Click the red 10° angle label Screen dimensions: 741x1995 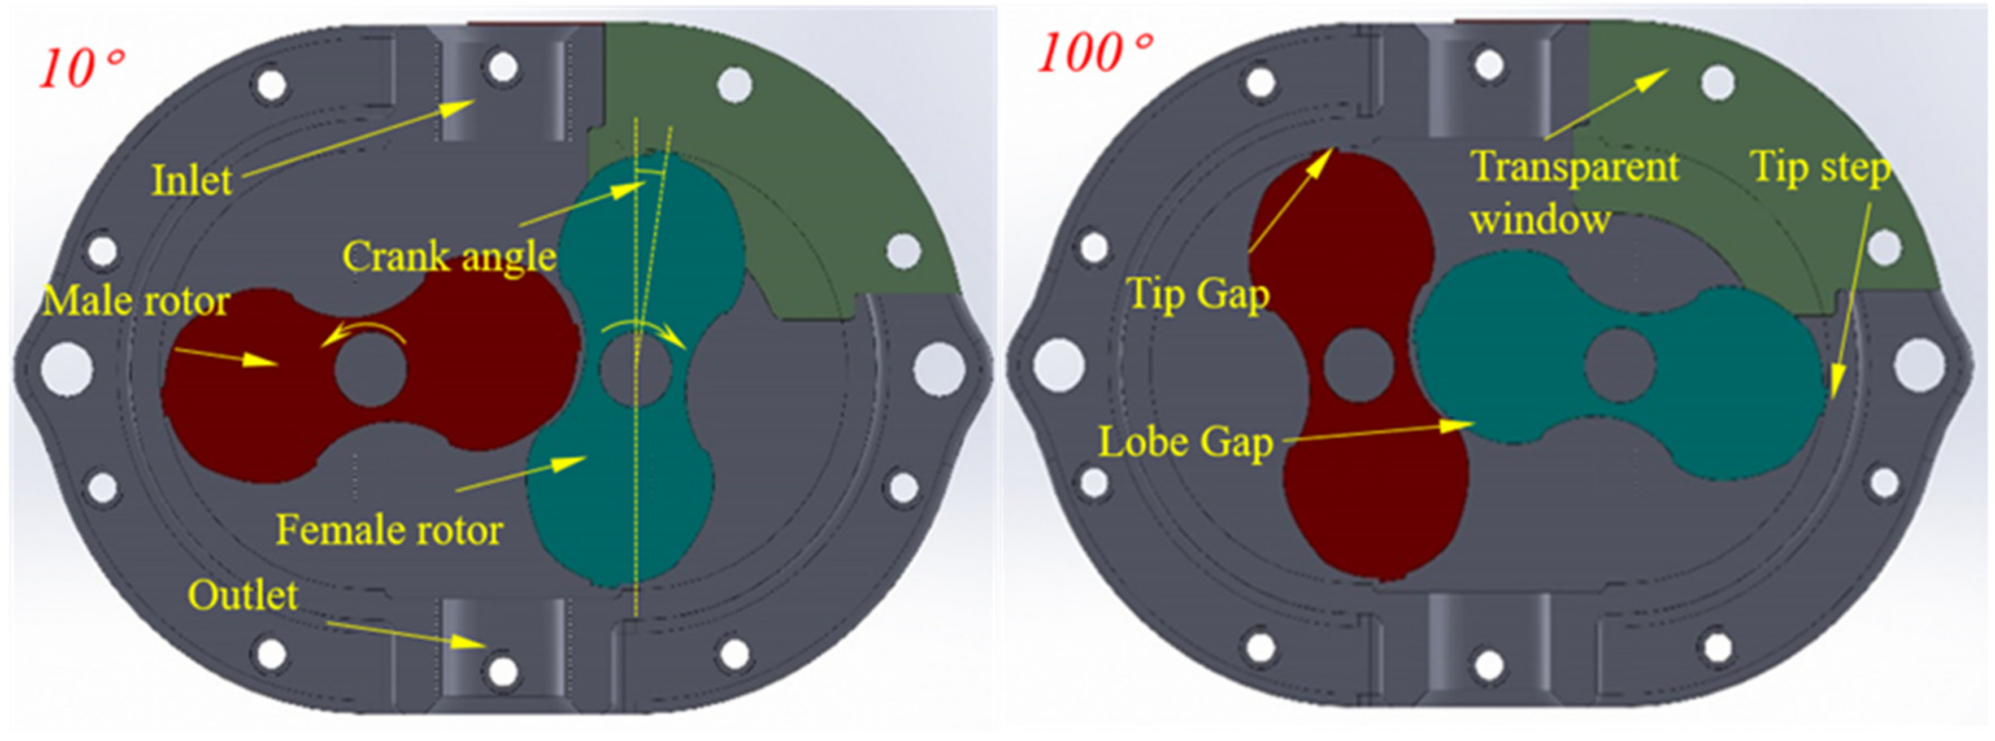pyautogui.click(x=81, y=69)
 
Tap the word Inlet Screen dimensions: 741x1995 pyautogui.click(x=192, y=180)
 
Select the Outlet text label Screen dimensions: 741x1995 pyautogui.click(x=242, y=595)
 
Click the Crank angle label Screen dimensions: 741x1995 pyautogui.click(x=449, y=256)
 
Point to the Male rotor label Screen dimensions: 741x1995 pyautogui.click(x=136, y=300)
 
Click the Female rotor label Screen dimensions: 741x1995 pyautogui.click(x=389, y=530)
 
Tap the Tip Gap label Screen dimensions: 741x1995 pyautogui.click(x=1198, y=294)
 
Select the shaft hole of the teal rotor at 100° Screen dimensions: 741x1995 pyautogui.click(x=1620, y=365)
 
